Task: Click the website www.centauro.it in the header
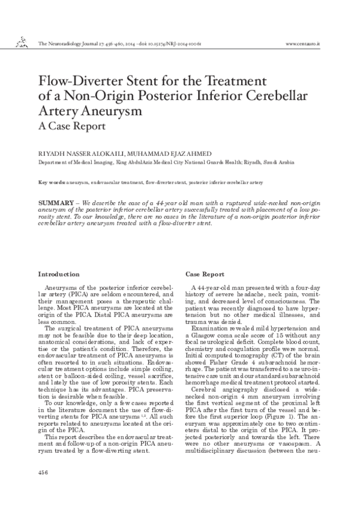(304, 44)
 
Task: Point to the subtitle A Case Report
(71, 127)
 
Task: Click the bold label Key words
(51, 182)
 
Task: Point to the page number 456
(43, 473)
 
